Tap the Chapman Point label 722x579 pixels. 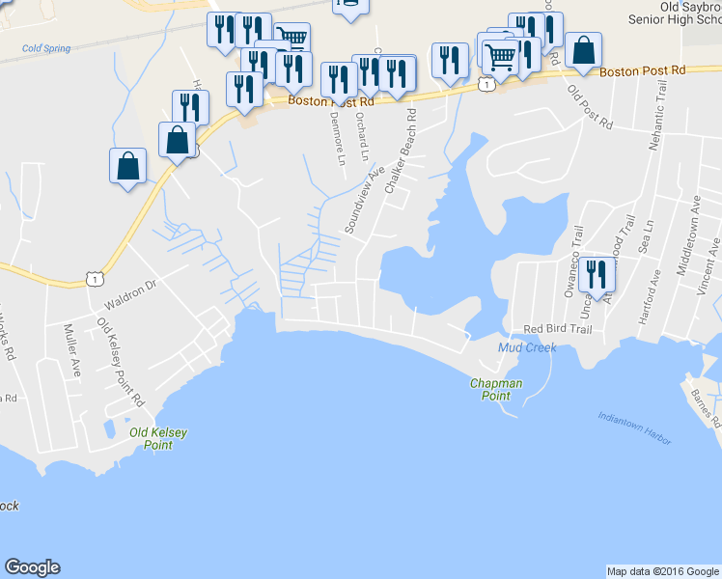[496, 390]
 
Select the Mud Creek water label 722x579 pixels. [527, 347]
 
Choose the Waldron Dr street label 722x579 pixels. [129, 293]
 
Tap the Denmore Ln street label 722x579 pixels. [338, 141]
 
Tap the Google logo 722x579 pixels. [32, 567]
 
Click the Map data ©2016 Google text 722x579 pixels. [662, 571]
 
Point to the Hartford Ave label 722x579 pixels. [655, 289]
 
